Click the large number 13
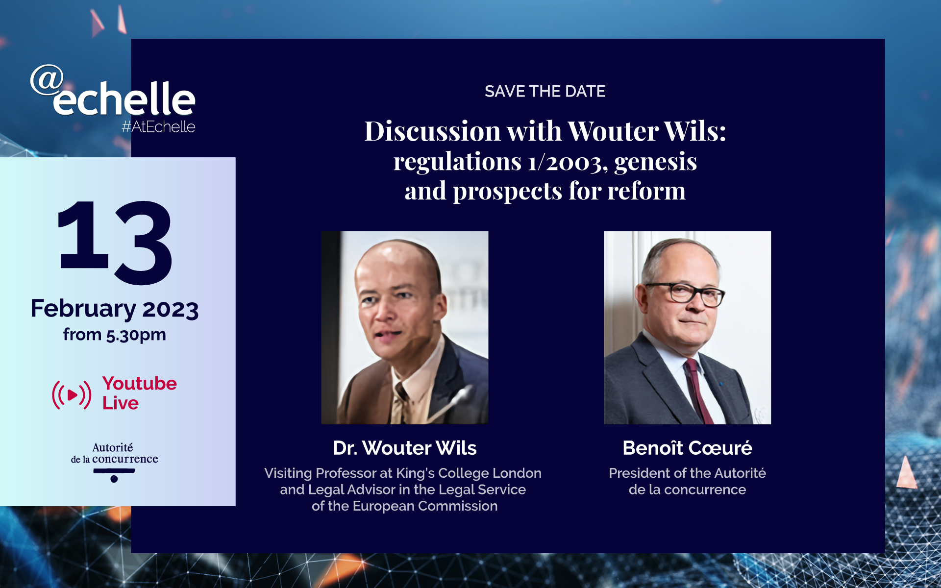click(115, 242)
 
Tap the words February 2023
click(115, 309)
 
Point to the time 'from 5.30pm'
click(115, 335)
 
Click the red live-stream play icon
click(72, 394)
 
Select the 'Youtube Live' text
click(139, 393)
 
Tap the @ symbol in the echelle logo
click(47, 80)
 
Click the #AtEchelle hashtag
click(158, 127)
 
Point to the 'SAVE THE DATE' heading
click(545, 92)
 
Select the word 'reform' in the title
click(646, 191)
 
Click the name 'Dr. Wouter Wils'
click(405, 448)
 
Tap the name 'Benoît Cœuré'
click(687, 448)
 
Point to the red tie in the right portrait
click(698, 390)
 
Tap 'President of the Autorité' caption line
click(687, 473)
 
